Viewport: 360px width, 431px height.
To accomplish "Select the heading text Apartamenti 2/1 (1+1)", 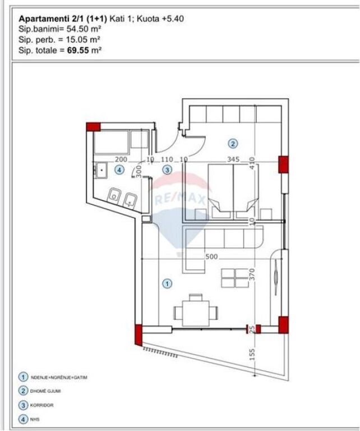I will (63, 19).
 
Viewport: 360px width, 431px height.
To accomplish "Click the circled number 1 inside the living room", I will (167, 284).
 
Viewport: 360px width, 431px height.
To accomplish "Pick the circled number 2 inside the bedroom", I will (233, 143).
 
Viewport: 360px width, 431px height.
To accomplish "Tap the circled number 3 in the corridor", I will (167, 169).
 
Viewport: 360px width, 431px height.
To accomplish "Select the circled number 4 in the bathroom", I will (118, 169).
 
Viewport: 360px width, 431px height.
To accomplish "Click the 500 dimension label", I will (211, 256).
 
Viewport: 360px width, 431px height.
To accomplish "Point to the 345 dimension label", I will (233, 159).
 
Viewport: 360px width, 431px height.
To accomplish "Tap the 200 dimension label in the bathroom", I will (121, 159).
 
